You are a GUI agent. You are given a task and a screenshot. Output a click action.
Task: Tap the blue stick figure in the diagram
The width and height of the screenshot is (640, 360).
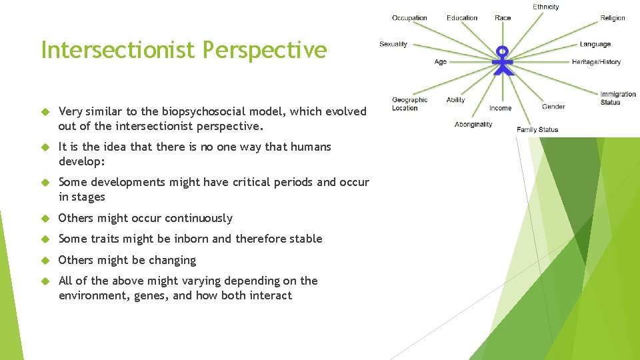click(503, 61)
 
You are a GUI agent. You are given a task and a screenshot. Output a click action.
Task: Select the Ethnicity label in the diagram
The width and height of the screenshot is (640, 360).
click(545, 7)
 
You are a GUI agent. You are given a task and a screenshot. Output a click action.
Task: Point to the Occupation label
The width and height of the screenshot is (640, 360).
click(409, 18)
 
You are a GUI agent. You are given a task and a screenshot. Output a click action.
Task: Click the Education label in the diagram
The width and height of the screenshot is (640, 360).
click(462, 18)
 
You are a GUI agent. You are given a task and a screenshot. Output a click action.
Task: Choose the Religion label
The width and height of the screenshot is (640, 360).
click(612, 18)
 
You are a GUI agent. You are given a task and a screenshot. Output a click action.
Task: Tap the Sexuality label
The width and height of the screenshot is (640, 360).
click(393, 44)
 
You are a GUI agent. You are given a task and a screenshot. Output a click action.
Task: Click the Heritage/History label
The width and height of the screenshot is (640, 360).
click(596, 62)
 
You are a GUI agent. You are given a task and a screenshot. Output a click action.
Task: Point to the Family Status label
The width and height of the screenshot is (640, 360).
click(537, 129)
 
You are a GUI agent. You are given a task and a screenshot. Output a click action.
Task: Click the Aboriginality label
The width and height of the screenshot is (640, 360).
click(473, 124)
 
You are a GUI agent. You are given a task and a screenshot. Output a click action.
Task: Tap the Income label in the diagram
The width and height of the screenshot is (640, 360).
click(500, 108)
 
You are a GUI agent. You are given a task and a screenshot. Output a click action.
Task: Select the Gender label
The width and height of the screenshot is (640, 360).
click(553, 107)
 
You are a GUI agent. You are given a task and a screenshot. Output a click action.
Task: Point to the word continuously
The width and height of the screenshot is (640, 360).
click(199, 218)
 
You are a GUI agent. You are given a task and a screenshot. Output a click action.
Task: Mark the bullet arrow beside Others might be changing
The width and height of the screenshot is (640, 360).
click(46, 261)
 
